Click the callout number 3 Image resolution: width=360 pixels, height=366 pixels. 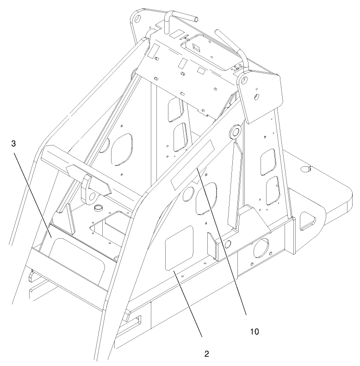(x=13, y=143)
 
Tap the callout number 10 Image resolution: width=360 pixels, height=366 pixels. (x=254, y=332)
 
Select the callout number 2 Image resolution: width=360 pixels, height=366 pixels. (x=206, y=354)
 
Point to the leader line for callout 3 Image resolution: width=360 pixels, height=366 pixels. (x=33, y=199)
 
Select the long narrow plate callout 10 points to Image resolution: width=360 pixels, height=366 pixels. (x=192, y=165)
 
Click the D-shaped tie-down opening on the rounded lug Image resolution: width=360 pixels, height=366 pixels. (x=307, y=221)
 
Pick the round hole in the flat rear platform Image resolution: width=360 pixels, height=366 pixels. (x=306, y=169)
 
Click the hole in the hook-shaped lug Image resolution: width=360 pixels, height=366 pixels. (x=93, y=196)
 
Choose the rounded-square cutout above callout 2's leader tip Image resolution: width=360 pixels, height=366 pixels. (x=179, y=247)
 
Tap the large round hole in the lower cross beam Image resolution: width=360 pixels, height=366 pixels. (x=261, y=248)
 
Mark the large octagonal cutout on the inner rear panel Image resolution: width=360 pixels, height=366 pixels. (x=122, y=150)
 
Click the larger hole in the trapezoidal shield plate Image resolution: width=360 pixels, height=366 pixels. (x=256, y=96)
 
